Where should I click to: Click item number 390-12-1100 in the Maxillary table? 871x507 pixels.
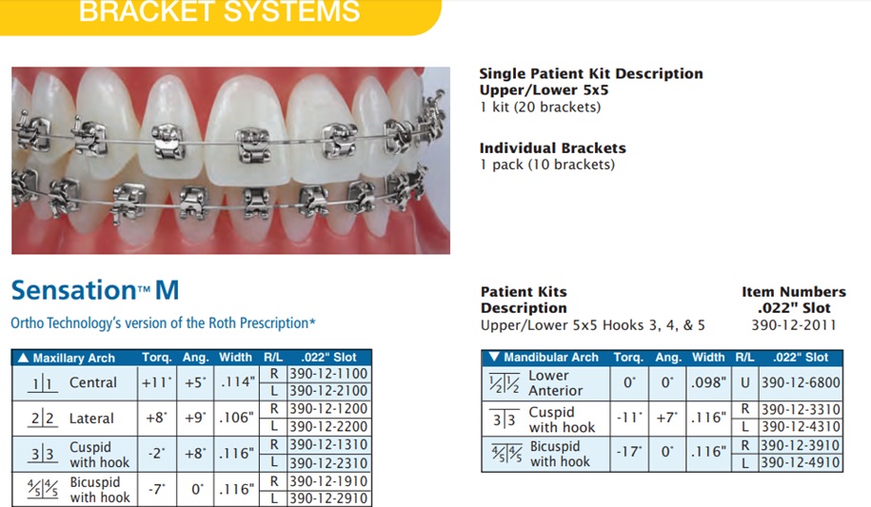tap(328, 374)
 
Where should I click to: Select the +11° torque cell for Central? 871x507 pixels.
tap(157, 382)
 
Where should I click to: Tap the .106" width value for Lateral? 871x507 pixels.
tap(237, 418)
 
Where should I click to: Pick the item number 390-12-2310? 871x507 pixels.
tap(328, 463)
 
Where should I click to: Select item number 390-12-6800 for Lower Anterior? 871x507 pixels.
tap(801, 382)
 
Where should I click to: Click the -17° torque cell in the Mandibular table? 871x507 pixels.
tap(629, 452)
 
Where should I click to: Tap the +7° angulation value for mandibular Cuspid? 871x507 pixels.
tap(667, 418)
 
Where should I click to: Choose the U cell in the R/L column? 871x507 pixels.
tap(745, 382)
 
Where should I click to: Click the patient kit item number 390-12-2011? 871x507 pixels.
tap(794, 325)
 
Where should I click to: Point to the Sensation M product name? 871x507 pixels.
tap(95, 290)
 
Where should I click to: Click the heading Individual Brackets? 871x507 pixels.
tap(553, 148)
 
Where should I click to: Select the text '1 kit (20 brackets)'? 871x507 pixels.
tap(541, 107)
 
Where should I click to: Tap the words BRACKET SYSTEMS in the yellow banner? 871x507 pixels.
tap(220, 11)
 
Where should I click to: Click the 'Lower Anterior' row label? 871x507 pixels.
tap(555, 383)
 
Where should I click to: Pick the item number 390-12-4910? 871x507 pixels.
tap(801, 462)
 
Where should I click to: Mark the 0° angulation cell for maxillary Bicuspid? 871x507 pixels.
tap(197, 489)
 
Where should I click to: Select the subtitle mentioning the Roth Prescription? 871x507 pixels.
tap(164, 323)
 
